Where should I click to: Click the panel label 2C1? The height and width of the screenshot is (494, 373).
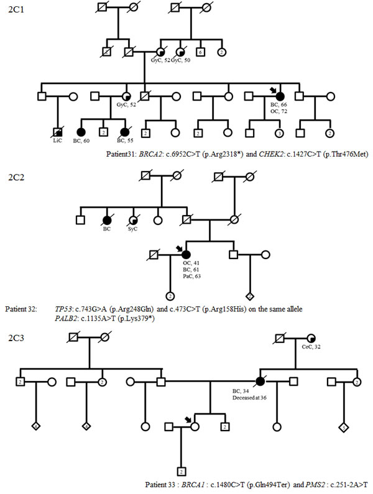[13, 12]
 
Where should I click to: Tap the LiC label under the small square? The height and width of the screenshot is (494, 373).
[57, 142]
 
